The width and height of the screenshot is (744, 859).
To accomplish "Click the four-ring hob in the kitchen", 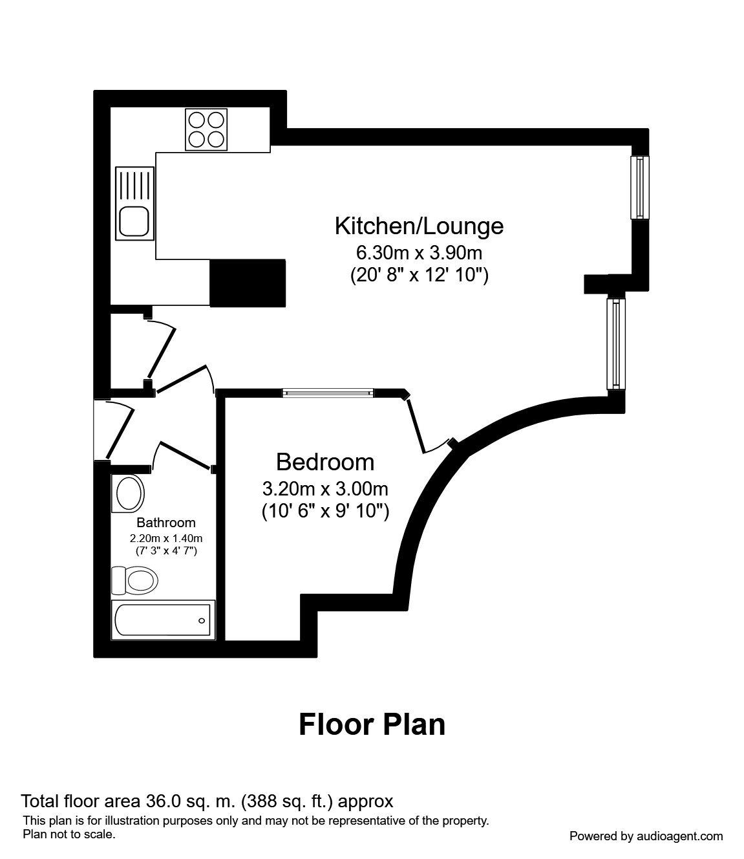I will point(207,129).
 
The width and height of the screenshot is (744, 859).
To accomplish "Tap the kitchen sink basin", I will point(134,221).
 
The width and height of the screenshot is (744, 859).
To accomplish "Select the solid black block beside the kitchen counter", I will point(248,283).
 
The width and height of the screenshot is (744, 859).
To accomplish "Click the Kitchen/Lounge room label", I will point(419,226).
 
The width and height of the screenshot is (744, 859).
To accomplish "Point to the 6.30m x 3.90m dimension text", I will point(419,252).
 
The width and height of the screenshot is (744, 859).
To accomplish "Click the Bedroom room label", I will point(324,462).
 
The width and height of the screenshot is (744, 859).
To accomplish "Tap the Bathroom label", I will point(165,523).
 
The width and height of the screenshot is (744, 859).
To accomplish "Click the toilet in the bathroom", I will point(136,580).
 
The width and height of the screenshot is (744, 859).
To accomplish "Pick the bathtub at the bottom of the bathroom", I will point(162,620).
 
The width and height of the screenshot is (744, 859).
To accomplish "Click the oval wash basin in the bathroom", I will point(129,494).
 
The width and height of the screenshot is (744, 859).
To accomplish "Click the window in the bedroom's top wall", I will point(328,392).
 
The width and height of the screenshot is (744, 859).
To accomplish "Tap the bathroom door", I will point(184,455).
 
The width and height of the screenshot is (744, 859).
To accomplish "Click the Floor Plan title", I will point(372,724).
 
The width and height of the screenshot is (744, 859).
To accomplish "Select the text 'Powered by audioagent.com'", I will point(646,836).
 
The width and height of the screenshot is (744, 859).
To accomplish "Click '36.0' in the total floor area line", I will point(162,801).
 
